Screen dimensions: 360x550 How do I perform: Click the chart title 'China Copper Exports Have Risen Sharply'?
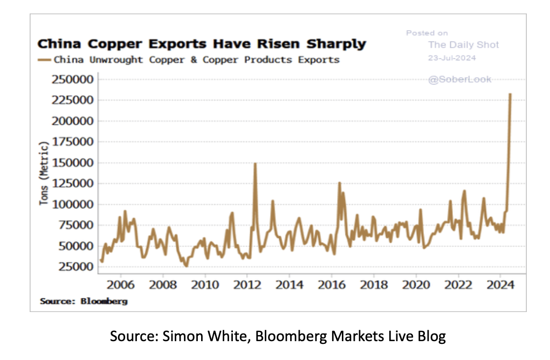tap(201, 44)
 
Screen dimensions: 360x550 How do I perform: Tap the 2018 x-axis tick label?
tap(373, 284)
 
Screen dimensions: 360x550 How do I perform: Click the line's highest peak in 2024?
tap(510, 94)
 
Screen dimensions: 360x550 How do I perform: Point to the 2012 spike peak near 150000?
tap(255, 164)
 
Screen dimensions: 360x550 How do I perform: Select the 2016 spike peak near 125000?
tap(339, 183)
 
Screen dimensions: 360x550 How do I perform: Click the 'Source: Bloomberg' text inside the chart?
tap(84, 301)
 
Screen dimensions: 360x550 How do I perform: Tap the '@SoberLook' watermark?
tap(459, 79)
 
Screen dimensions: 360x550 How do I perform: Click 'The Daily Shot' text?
tap(463, 45)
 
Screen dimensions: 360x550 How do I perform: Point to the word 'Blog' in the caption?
tap(431, 337)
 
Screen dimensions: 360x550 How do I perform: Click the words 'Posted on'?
tap(427, 33)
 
